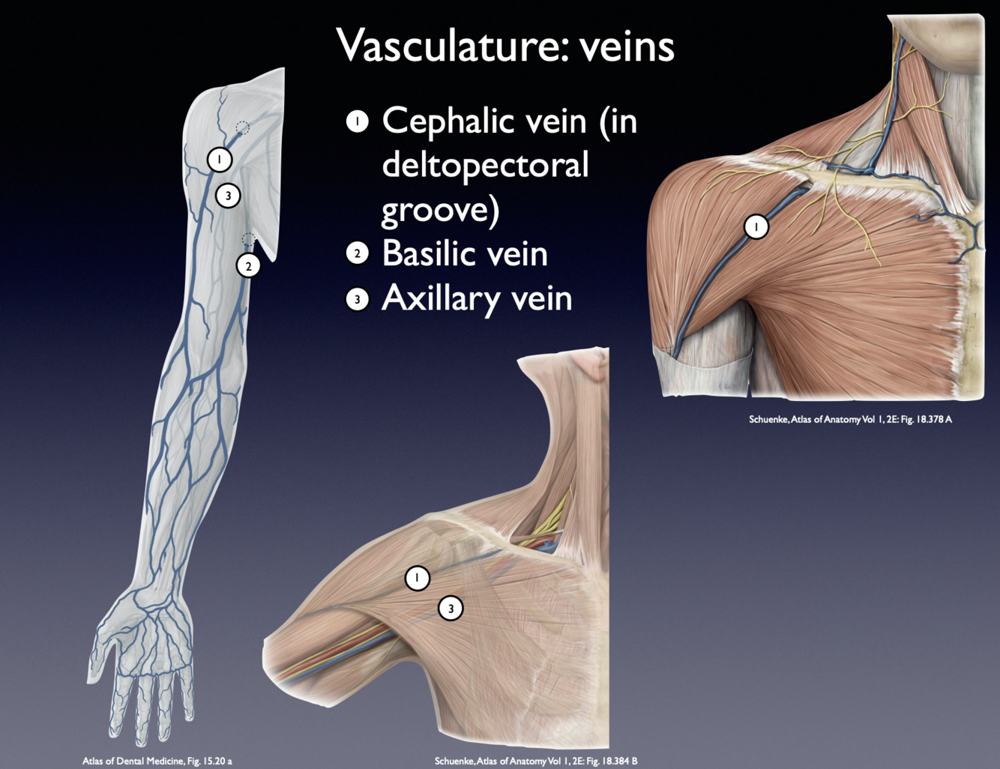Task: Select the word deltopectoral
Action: point(484,165)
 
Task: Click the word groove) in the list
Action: point(439,210)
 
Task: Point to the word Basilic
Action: point(429,253)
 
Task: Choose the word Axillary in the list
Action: point(441,298)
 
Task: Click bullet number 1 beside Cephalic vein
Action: point(358,121)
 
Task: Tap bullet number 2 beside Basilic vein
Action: point(358,254)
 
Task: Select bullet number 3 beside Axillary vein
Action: point(358,299)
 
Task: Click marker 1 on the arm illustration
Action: point(219,159)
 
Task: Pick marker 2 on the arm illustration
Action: point(248,265)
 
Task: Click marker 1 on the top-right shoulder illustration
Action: point(756,226)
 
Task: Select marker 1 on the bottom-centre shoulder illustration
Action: point(418,578)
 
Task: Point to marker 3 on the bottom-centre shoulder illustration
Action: point(451,608)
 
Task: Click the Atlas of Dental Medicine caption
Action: point(157,761)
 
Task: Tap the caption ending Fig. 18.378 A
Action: point(850,419)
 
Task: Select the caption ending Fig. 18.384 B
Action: point(536,761)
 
